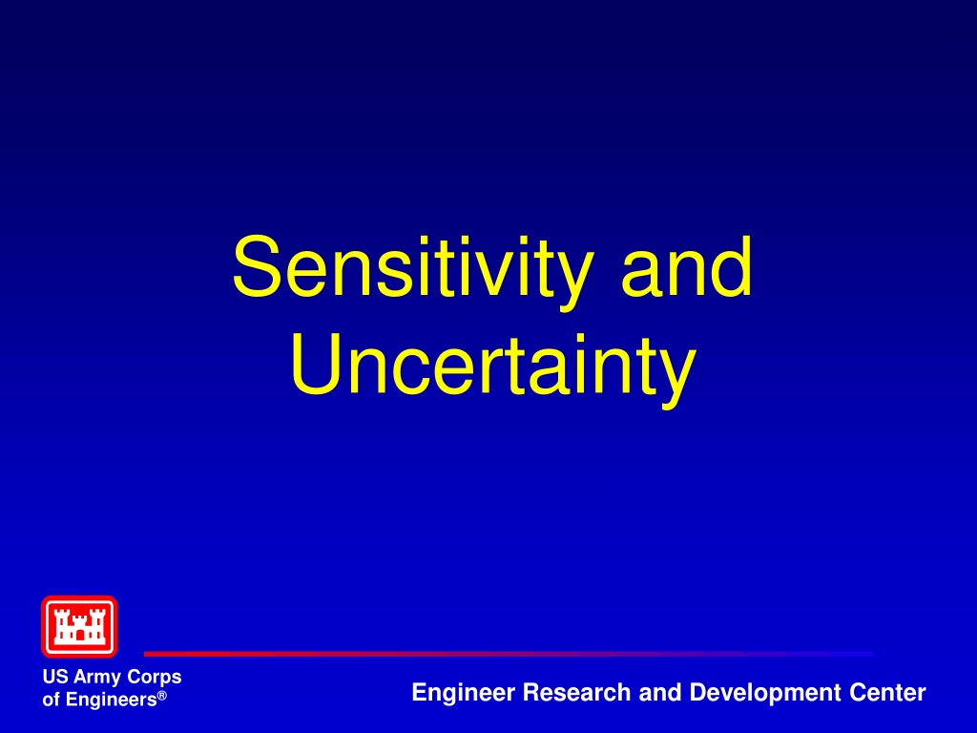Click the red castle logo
(x=79, y=626)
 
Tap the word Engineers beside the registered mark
(x=111, y=700)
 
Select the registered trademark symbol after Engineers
(x=162, y=695)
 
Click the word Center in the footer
(x=887, y=693)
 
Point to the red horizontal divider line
(x=508, y=654)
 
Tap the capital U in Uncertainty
(x=316, y=364)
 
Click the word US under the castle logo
(x=55, y=677)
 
